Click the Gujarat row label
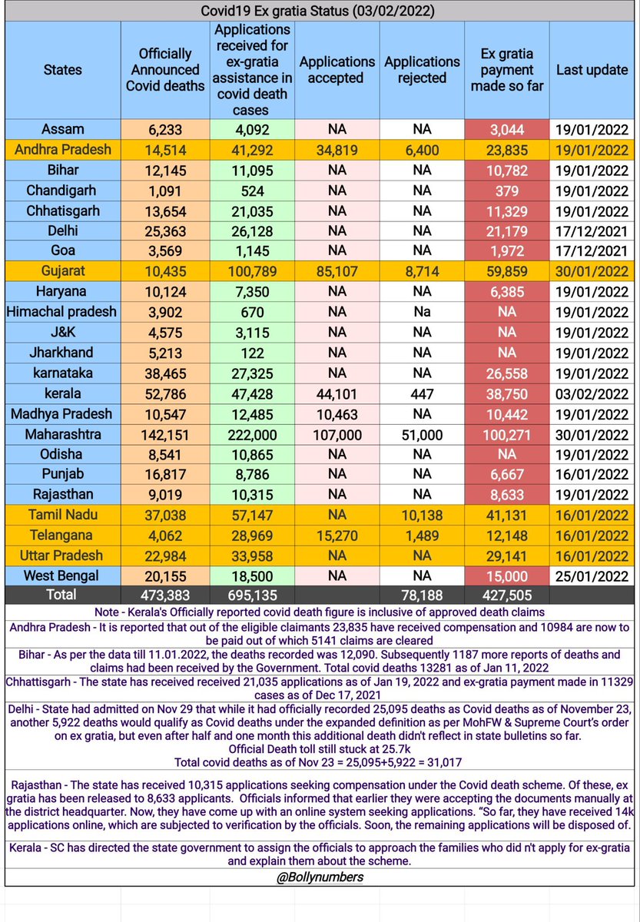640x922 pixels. click(63, 271)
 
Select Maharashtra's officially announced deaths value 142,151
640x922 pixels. click(165, 434)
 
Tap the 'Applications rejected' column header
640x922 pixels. click(422, 69)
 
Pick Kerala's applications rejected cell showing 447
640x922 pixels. click(422, 393)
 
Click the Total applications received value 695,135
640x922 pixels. click(252, 595)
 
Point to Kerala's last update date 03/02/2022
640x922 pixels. click(592, 393)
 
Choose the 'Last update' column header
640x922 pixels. click(592, 69)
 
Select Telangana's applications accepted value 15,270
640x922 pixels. click(336, 536)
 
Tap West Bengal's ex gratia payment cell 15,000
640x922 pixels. click(506, 576)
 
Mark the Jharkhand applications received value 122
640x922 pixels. click(252, 353)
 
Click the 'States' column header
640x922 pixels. click(63, 69)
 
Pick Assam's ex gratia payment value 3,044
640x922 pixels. click(506, 130)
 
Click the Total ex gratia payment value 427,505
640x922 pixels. click(506, 595)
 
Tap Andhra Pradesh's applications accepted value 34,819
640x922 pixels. click(336, 150)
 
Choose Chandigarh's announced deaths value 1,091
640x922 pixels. click(165, 191)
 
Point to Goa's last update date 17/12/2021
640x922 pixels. click(592, 251)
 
